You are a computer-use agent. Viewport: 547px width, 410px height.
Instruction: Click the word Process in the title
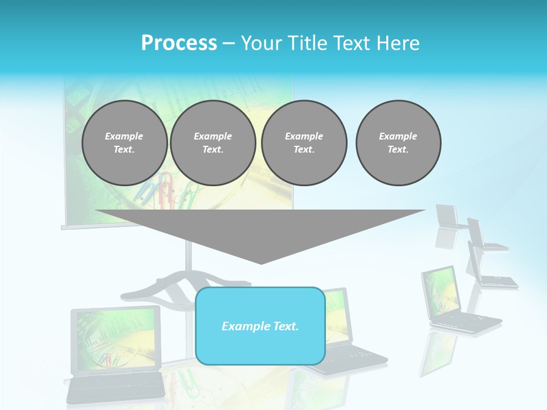click(179, 43)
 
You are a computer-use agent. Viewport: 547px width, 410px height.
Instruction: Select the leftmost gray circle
click(124, 143)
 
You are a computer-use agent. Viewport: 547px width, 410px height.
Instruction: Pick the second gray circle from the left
click(213, 143)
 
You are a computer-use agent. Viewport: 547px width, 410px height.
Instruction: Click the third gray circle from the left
click(304, 143)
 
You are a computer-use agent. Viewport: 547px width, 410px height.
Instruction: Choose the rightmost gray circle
click(398, 143)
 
